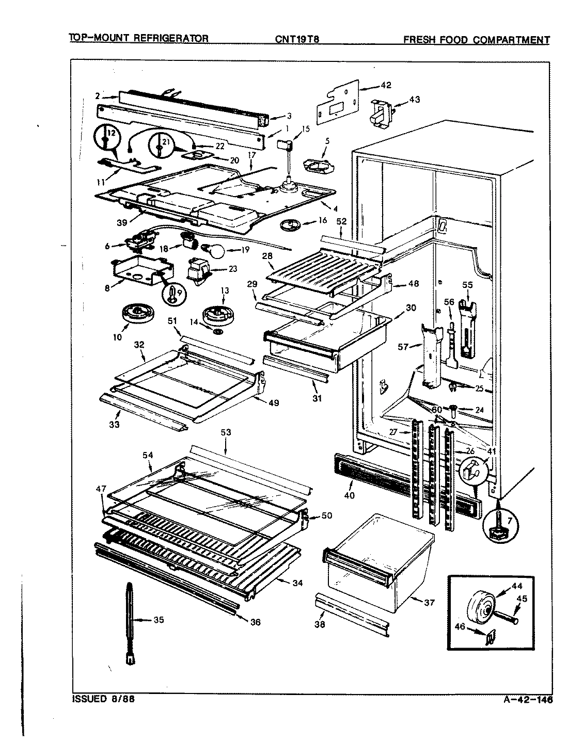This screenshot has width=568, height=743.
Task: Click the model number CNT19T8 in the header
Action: pyautogui.click(x=298, y=39)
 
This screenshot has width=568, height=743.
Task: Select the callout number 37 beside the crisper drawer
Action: pyautogui.click(x=429, y=603)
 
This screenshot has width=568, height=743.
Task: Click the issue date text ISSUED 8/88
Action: pyautogui.click(x=104, y=701)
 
